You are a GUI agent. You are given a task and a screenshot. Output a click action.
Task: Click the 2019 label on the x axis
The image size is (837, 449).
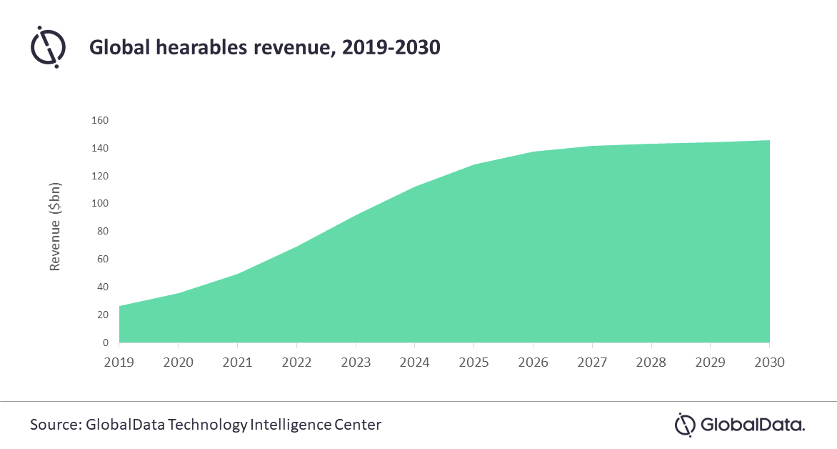coord(120,362)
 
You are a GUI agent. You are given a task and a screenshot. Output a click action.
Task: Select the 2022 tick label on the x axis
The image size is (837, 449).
coord(297,362)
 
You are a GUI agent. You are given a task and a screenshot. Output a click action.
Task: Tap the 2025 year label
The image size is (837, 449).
coord(474,362)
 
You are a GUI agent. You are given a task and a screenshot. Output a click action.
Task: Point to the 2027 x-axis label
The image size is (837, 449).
coord(593,362)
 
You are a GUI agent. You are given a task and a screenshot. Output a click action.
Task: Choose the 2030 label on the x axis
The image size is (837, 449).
coord(770,362)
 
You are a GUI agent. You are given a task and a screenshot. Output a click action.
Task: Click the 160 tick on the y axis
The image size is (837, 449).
coord(99,120)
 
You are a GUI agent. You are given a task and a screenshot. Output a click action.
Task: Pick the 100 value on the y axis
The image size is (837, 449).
coord(99,204)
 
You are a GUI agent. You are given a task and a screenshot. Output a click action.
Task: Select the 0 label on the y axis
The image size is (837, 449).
coord(105,343)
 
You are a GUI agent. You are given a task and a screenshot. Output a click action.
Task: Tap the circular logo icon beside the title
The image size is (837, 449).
coord(48,47)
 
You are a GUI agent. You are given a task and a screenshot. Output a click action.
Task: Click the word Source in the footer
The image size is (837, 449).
coord(54,425)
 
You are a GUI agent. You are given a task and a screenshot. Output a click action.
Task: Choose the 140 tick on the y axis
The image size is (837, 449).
coord(99,148)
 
